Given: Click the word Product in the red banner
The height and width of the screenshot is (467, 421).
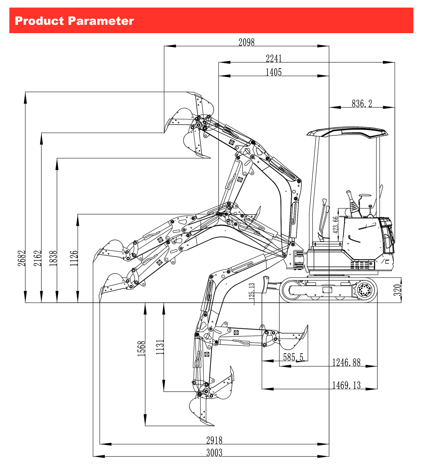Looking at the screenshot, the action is coord(39,21).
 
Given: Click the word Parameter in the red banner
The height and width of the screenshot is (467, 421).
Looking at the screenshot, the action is coord(101,21).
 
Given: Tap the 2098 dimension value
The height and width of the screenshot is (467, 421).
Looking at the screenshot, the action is coord(247,42).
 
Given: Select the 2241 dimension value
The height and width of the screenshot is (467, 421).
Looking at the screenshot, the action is coord(274,58).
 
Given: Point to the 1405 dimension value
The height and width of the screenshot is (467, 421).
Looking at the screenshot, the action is coord(274,72).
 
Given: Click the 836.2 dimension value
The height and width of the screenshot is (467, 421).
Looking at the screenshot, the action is coord(362,103).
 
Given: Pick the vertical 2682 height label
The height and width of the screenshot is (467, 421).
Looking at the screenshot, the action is coord(21,259).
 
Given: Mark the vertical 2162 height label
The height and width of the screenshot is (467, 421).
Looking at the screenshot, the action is coord(37,259).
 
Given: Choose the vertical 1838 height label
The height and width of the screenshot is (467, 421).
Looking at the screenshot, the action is coord(53,259).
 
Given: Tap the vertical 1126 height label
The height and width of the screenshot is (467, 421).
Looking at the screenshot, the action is coord(74,259).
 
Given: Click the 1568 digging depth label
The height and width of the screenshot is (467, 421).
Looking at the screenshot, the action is coord(141,348).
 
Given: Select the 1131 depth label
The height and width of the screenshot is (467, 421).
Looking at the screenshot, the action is coord(160,347).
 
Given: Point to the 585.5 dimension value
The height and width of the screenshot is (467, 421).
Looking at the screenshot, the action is coord(293,357).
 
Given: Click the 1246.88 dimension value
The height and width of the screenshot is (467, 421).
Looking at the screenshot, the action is coord(346,362).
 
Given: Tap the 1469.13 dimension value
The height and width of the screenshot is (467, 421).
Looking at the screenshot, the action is coord(346,385).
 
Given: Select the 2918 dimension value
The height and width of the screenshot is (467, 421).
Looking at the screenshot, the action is coord(214,440).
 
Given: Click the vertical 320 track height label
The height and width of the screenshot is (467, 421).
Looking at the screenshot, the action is coord(398,290).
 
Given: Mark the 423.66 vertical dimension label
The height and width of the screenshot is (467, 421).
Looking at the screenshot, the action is coord(336,225).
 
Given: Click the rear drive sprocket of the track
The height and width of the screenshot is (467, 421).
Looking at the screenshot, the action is coord(364,290).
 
